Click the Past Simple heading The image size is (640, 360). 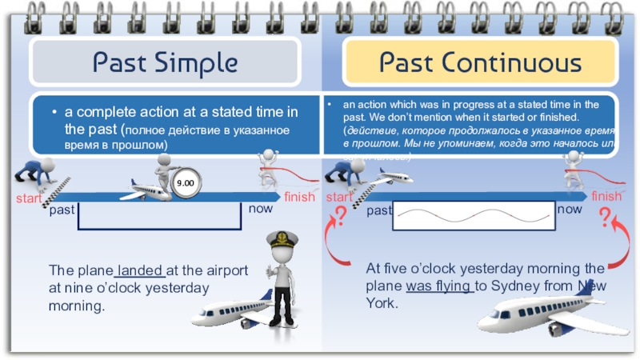[x=165, y=62]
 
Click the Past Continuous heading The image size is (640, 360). [x=480, y=62]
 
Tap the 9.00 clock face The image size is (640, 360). [x=186, y=184]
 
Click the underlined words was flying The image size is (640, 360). [x=440, y=286]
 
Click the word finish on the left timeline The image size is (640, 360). [x=298, y=197]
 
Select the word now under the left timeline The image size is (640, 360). [x=261, y=210]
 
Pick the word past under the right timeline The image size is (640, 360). [x=380, y=211]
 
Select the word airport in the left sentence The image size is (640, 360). [x=223, y=270]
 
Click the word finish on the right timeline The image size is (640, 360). [x=606, y=197]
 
